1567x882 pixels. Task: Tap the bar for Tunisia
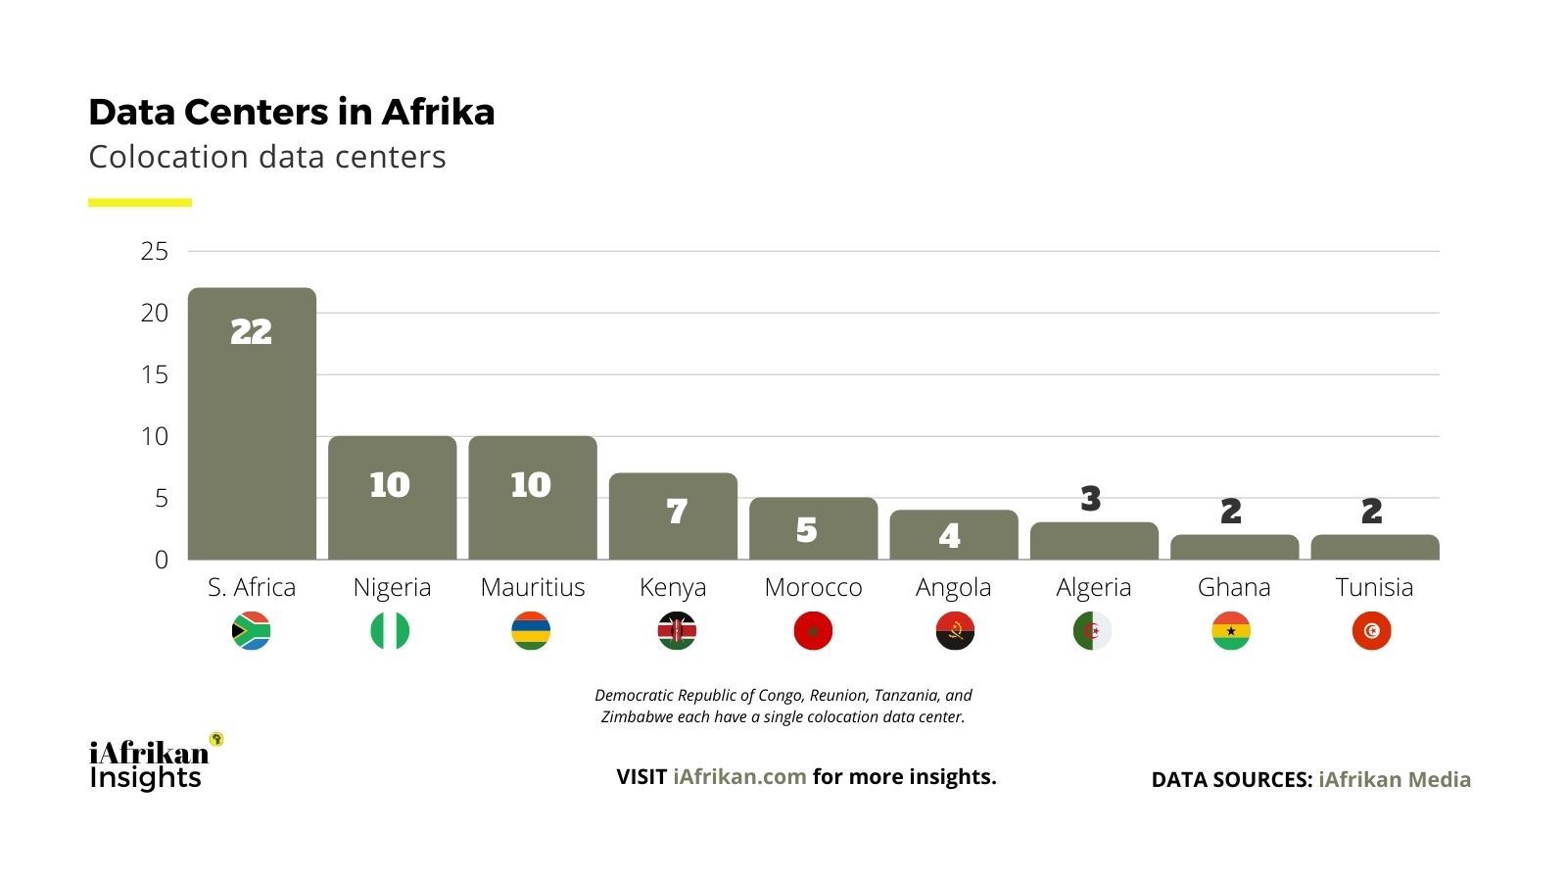click(1374, 547)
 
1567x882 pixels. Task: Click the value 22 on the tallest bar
click(251, 332)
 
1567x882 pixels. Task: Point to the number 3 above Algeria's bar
click(1091, 499)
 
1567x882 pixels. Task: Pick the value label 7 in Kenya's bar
click(677, 511)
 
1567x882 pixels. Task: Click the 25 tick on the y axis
click(155, 251)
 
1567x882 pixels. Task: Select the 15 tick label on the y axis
click(155, 374)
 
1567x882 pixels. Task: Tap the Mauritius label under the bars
click(532, 587)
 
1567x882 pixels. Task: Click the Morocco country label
click(813, 587)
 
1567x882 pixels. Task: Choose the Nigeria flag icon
click(390, 630)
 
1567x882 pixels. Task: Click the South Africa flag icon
click(251, 630)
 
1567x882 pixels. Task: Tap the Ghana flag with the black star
click(1231, 630)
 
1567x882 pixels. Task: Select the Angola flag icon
click(955, 630)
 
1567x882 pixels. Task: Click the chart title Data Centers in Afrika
click(291, 112)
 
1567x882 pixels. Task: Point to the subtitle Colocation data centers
click(266, 157)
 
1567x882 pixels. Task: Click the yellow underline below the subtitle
click(140, 203)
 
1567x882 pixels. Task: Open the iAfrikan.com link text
click(739, 776)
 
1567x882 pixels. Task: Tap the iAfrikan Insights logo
click(152, 763)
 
